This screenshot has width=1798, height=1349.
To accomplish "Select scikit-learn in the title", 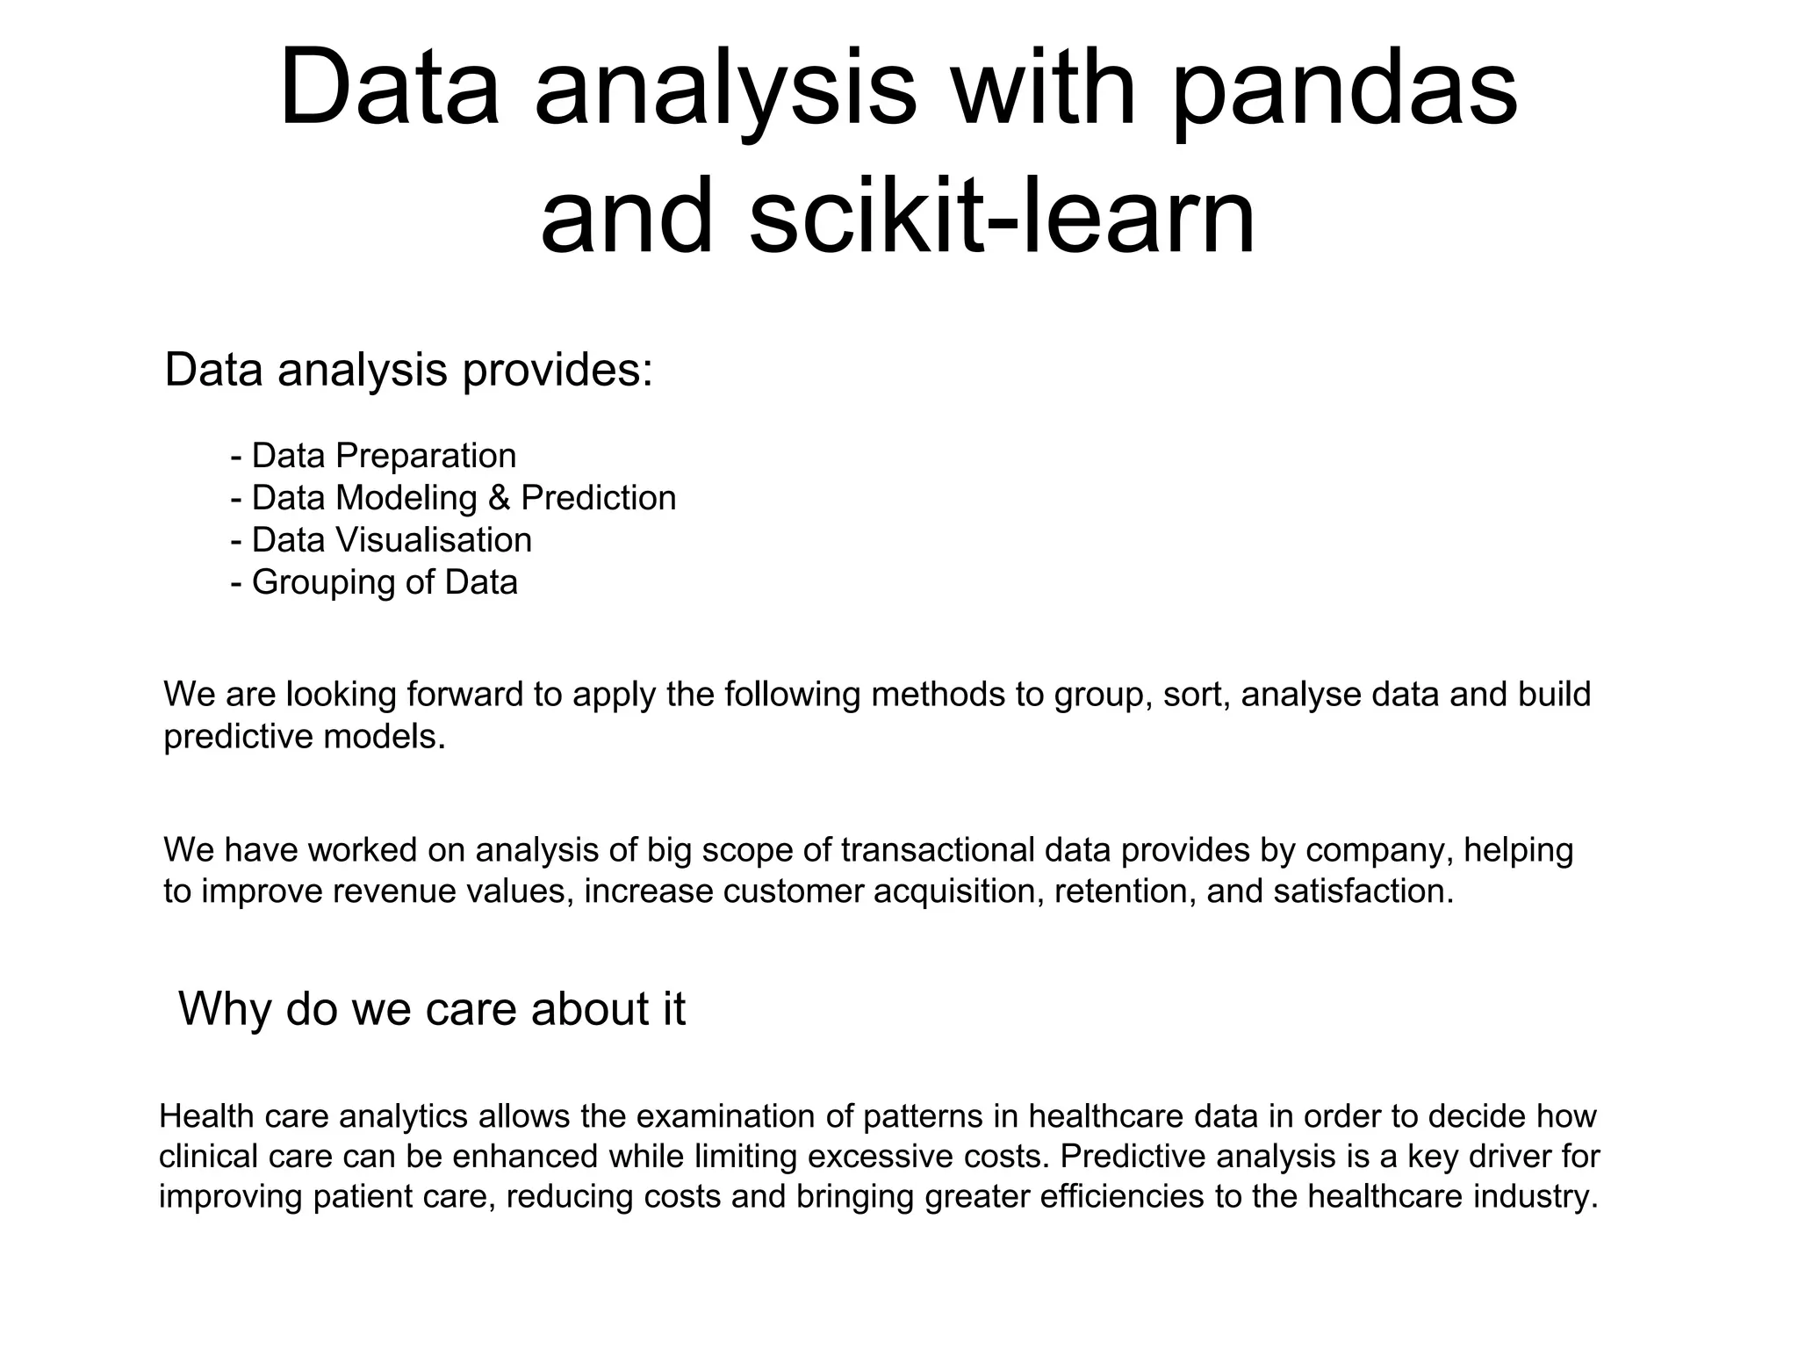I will coord(1002,216).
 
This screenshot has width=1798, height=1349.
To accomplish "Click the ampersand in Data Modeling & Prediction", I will coord(499,498).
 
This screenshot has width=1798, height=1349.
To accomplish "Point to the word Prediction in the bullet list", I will coord(599,498).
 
